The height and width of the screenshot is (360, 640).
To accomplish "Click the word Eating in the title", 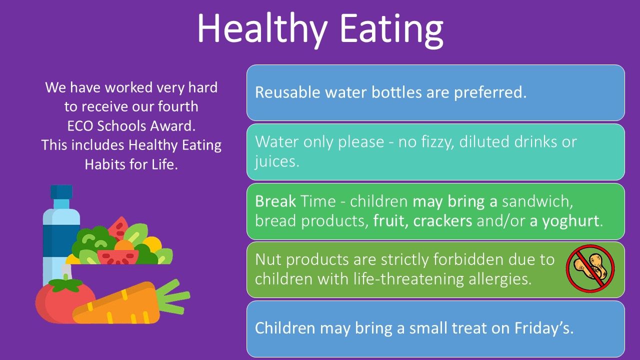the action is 391,29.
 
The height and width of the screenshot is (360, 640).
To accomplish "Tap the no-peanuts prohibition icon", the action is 590,268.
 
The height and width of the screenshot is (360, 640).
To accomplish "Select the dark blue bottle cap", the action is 61,191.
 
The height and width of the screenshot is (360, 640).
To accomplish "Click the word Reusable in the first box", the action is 287,92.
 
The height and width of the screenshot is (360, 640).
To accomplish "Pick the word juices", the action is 277,161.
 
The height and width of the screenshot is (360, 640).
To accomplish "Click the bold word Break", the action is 275,201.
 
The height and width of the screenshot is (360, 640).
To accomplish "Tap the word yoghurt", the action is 570,221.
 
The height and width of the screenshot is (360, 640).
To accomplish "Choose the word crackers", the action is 442,221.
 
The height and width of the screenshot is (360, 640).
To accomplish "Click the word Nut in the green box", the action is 267,259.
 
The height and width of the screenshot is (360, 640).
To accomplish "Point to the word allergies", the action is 500,279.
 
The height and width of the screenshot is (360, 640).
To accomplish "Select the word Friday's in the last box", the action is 543,328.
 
